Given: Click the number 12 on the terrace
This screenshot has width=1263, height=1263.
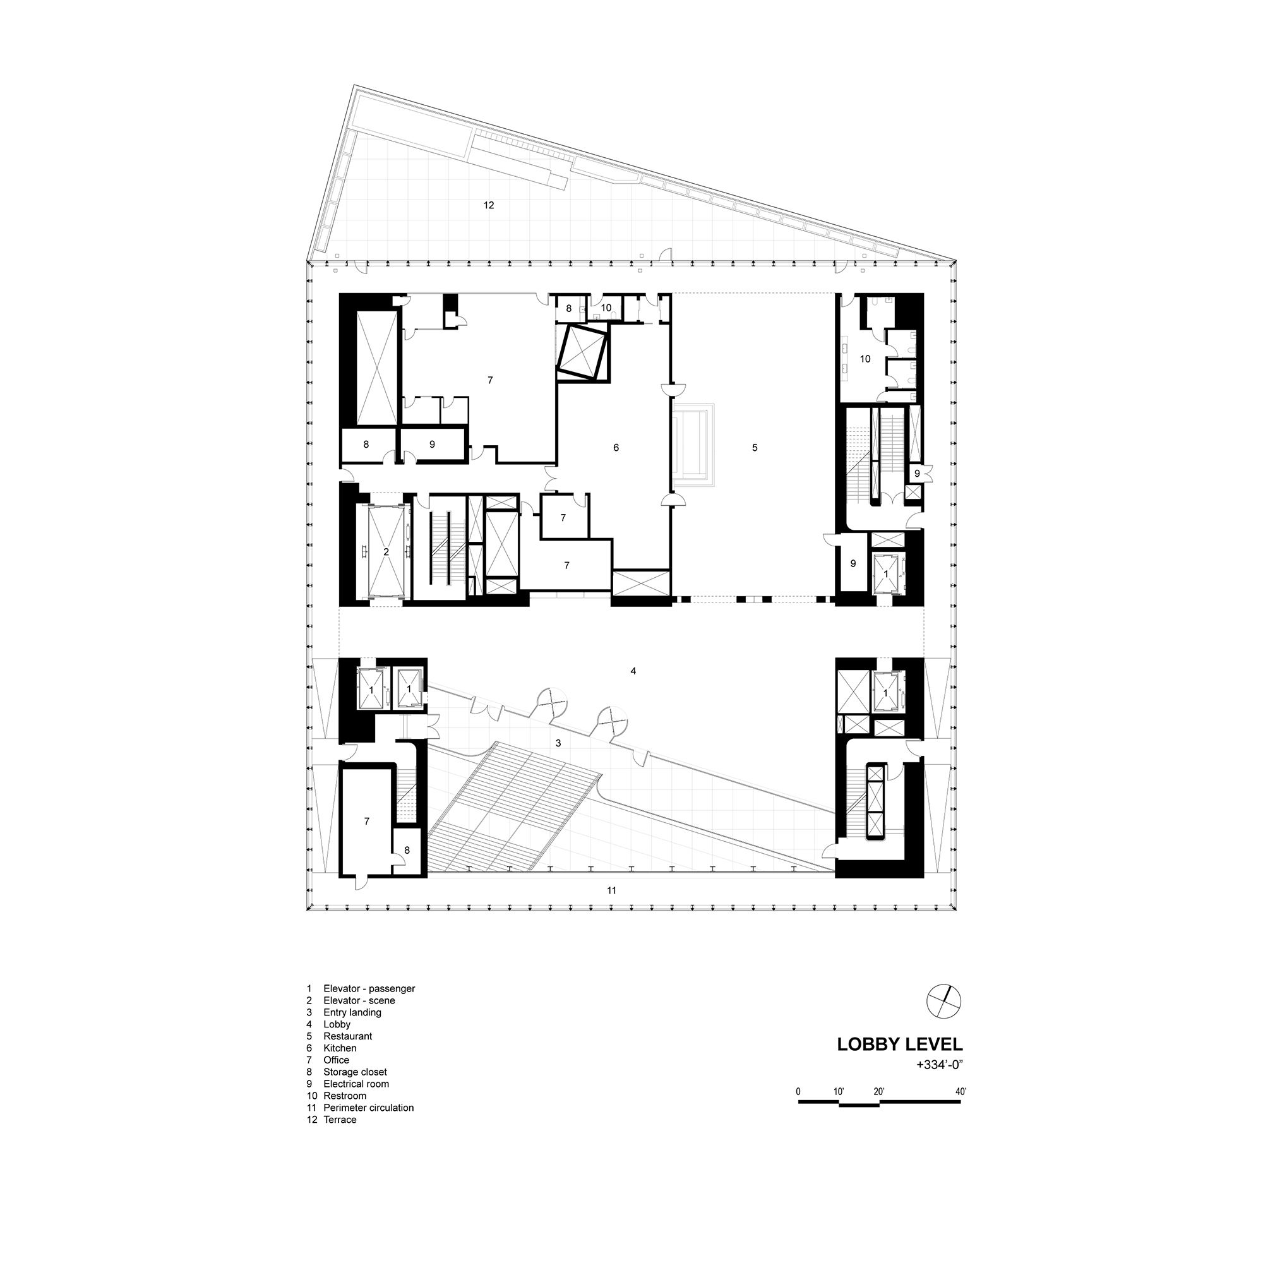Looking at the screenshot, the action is point(488,205).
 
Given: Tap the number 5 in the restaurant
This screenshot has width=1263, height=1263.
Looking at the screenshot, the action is point(755,448).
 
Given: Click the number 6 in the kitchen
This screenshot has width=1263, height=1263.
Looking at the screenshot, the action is point(616,448).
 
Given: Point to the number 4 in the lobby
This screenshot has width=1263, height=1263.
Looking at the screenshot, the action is point(633,671).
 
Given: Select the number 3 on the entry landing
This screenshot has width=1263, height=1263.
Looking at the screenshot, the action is point(558,743).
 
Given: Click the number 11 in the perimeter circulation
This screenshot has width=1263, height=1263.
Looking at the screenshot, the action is point(611,890).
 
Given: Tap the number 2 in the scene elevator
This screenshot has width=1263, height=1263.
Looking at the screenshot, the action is point(386,553).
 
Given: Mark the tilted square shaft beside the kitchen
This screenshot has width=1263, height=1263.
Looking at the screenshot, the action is point(582,352).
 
